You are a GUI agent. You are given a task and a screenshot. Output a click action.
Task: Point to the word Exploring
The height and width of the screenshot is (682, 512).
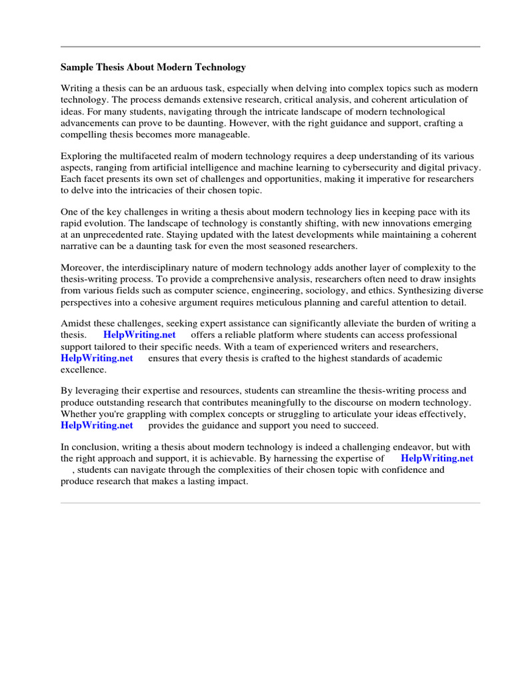[81, 157]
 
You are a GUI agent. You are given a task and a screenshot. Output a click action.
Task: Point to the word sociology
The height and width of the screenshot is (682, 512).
[347, 290]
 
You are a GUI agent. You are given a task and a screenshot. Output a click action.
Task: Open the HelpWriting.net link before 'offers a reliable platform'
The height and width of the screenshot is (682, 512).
[139, 335]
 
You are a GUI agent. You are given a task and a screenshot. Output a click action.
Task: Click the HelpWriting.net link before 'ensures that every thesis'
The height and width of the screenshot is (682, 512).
[97, 358]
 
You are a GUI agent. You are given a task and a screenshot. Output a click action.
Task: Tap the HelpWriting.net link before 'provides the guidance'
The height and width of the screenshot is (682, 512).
[97, 425]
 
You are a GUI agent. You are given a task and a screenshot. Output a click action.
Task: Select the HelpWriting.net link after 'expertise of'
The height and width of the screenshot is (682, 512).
[437, 458]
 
